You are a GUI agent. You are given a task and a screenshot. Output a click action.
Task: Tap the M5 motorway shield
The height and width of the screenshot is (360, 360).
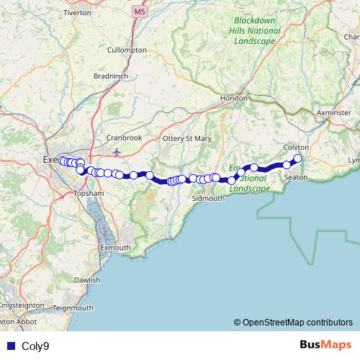coord(139,12)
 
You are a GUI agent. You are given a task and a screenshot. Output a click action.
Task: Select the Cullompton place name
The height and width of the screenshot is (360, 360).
coord(127,50)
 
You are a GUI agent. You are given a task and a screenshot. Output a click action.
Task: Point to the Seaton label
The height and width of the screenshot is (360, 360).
coord(297,176)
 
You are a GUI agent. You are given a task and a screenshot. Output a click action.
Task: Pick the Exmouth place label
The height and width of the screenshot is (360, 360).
coord(115,248)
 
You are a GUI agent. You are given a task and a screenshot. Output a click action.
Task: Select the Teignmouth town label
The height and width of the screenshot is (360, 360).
coord(73,307)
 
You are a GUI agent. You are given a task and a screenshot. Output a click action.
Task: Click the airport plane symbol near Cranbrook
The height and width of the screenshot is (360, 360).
coord(117,151)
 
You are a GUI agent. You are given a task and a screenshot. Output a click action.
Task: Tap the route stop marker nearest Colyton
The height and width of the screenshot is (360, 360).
coord(297,158)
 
